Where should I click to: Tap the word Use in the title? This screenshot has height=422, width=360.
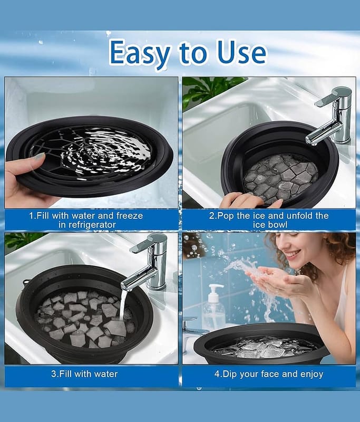click(240, 52)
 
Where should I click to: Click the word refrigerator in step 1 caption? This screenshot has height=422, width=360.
click(87, 225)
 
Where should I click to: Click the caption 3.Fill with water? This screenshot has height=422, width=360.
click(84, 374)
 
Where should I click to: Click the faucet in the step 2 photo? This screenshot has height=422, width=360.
click(330, 116)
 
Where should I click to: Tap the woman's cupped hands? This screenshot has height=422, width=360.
click(277, 280)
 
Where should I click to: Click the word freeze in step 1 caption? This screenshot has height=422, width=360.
click(130, 216)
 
